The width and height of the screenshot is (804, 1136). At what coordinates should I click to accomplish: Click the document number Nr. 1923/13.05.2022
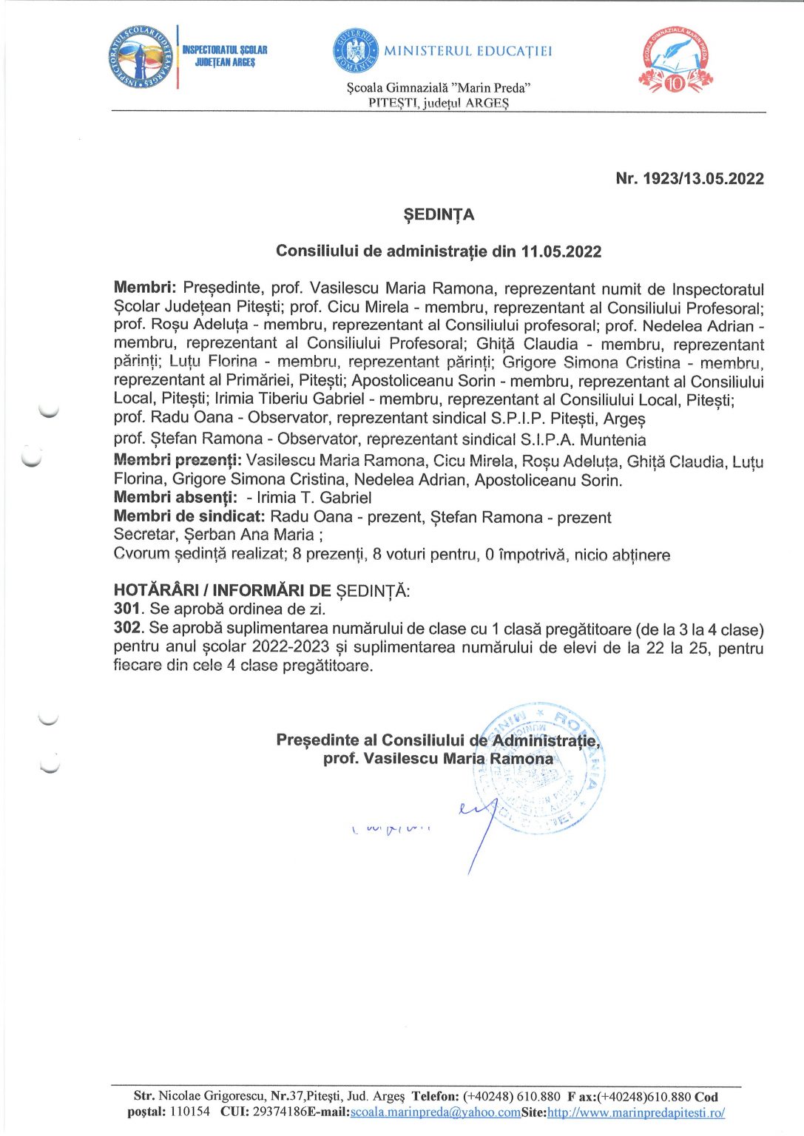click(689, 178)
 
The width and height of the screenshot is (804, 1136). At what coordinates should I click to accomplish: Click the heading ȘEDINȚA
click(438, 214)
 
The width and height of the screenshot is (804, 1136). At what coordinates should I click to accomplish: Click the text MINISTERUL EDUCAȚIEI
click(467, 51)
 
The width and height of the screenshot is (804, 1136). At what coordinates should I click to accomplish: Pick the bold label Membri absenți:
click(175, 498)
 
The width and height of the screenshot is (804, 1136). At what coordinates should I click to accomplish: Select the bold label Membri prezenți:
click(178, 460)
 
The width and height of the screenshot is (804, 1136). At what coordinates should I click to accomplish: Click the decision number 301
click(126, 609)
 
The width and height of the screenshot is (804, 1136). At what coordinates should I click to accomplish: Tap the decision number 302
click(127, 629)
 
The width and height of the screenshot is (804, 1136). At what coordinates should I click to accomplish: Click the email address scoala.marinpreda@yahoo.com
click(435, 1112)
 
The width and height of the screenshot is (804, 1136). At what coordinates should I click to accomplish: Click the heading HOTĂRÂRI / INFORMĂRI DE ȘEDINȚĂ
click(261, 590)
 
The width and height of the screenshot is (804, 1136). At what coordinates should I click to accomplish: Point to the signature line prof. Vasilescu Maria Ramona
click(438, 759)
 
